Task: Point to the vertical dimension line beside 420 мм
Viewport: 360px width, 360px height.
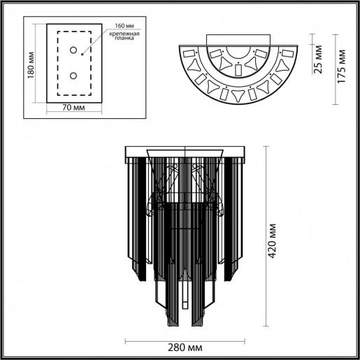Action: point(266,238)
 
